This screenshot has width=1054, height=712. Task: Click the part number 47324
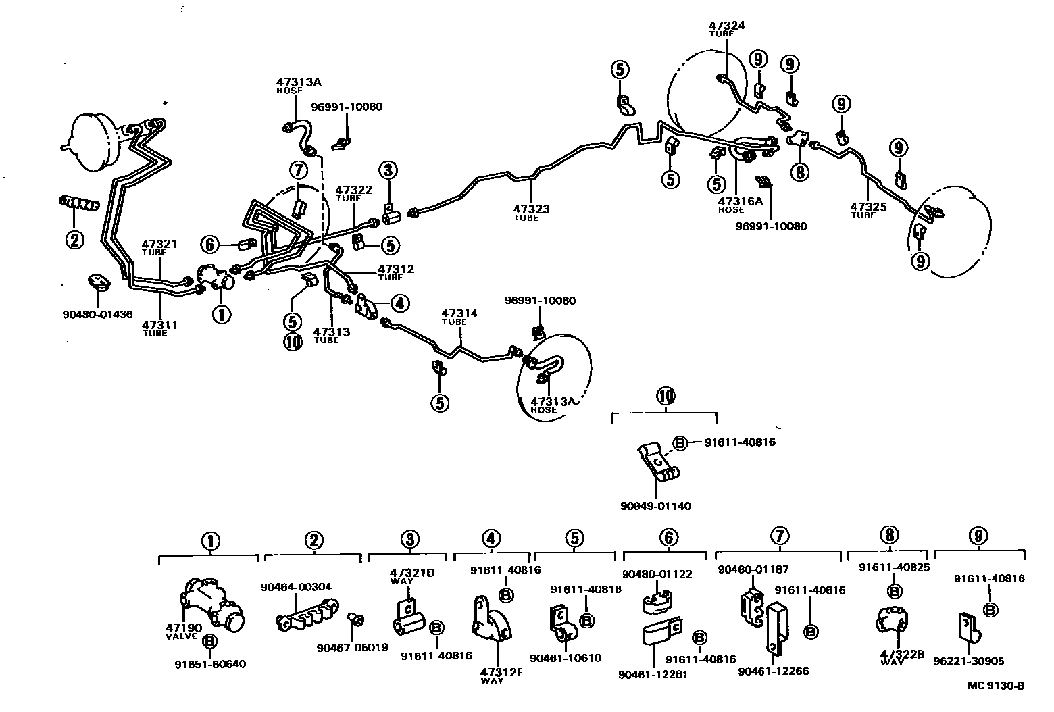(x=726, y=25)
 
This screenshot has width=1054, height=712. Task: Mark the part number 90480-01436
(x=99, y=314)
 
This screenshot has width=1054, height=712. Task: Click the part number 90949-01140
(x=655, y=506)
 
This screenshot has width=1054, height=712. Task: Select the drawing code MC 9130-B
(x=996, y=686)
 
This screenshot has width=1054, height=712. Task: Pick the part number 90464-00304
(x=296, y=587)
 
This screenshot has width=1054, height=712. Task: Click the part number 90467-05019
(x=351, y=647)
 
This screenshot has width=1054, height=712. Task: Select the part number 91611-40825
(x=894, y=567)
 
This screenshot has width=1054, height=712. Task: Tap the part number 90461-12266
(x=773, y=671)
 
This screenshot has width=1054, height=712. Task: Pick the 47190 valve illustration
(x=212, y=602)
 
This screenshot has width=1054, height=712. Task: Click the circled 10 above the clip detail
(x=665, y=396)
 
